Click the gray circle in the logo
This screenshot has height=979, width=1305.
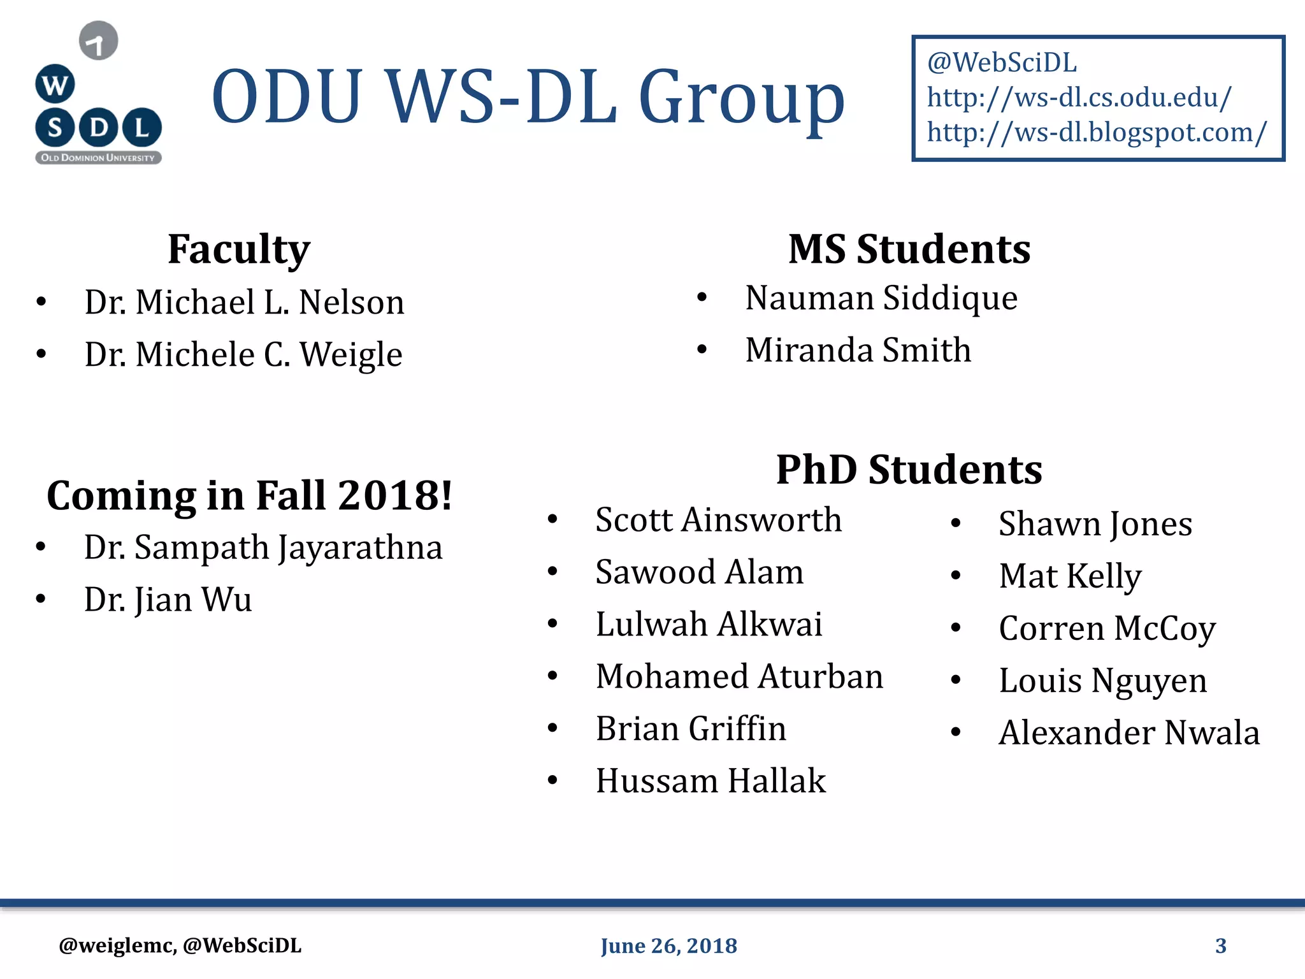[98, 41]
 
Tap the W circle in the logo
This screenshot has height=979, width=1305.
[55, 84]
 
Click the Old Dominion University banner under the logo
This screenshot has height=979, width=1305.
[98, 157]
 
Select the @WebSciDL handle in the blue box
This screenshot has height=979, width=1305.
[1002, 62]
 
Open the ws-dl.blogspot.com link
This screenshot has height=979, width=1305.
[1097, 133]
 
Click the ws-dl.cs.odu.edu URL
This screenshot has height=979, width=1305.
[1079, 98]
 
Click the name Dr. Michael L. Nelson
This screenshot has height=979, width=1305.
[244, 302]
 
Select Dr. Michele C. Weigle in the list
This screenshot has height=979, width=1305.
[243, 354]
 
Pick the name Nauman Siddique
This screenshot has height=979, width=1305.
[881, 298]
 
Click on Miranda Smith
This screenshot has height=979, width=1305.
[858, 350]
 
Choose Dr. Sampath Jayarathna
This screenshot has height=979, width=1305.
[263, 548]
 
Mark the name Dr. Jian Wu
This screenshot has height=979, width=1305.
[168, 600]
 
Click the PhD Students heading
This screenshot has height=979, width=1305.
[909, 470]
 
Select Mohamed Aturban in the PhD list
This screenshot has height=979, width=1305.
[739, 676]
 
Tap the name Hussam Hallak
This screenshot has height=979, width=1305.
[710, 781]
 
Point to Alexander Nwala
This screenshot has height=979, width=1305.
[1129, 732]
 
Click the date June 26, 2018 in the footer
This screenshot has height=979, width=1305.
[668, 946]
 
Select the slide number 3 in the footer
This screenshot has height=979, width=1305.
[1220, 946]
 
